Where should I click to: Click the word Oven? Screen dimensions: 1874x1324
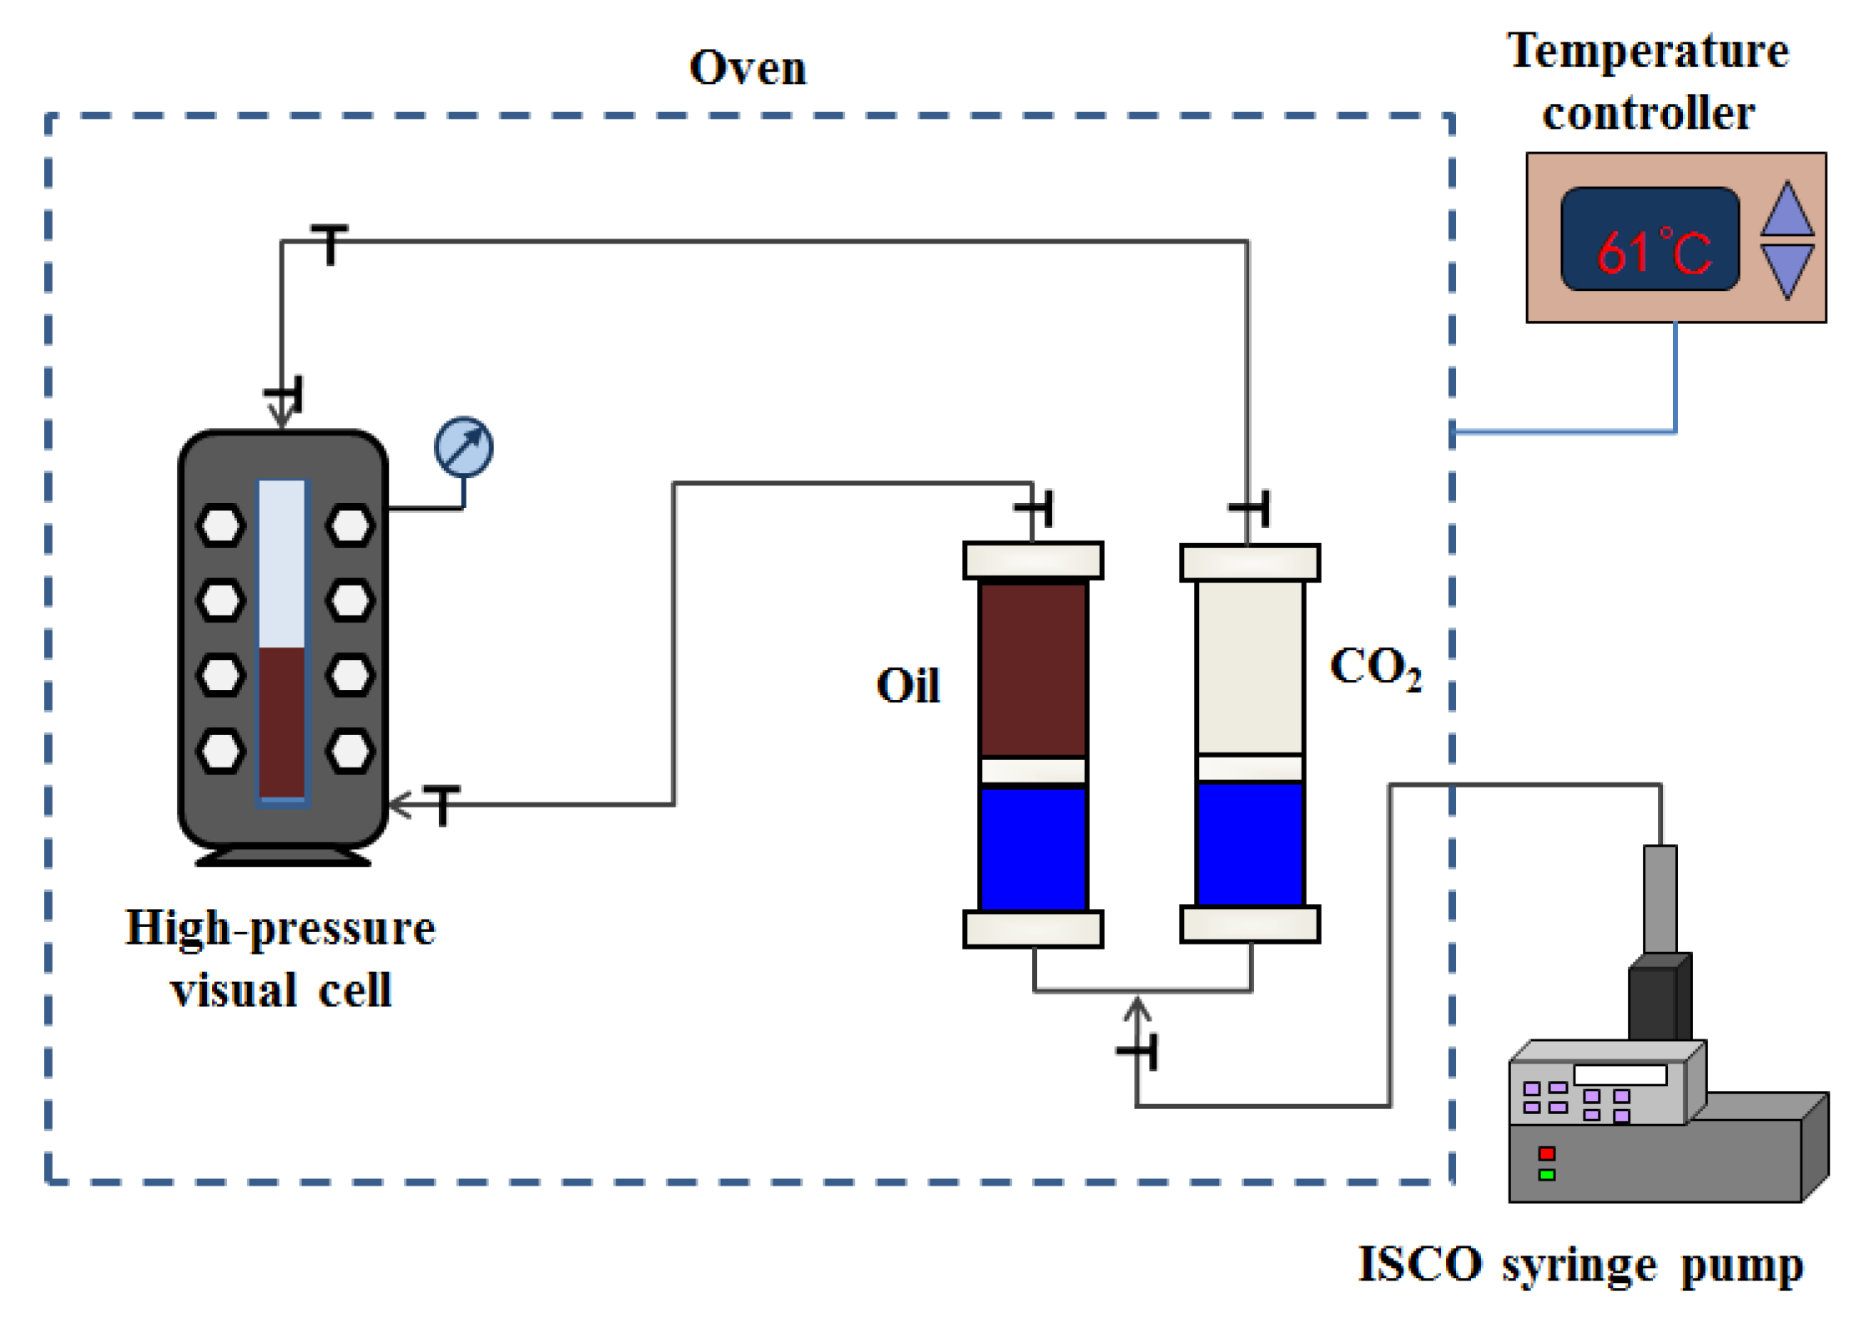coord(748,68)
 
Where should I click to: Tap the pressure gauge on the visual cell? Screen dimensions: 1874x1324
coord(464,447)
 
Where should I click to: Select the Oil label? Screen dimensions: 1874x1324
coord(908,686)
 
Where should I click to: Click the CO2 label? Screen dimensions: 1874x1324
coord(1375,669)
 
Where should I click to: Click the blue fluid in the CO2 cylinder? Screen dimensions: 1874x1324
coord(1250,843)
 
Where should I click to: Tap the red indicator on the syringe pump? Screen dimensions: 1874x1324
coord(1547,1154)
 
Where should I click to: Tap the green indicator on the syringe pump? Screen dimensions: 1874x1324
coord(1547,1175)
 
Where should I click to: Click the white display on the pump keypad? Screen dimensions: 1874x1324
coord(1620,1075)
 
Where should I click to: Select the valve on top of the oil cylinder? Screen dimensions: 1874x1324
coord(1035,507)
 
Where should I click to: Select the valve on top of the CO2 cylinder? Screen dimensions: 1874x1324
coord(1250,507)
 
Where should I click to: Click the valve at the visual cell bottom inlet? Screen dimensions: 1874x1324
coord(442,804)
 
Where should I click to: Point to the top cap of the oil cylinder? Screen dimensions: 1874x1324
coord(1033,561)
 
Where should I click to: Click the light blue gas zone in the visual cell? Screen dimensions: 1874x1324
coord(282,564)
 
